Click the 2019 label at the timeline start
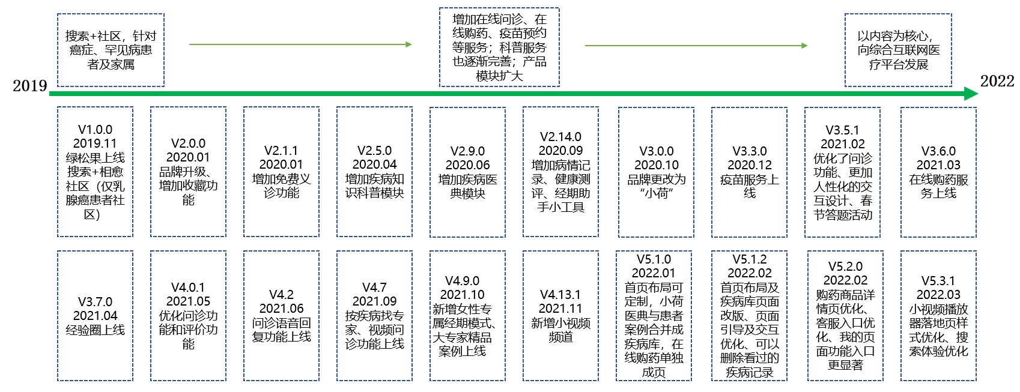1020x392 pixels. [x=30, y=86]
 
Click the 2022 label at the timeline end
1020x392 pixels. [x=997, y=81]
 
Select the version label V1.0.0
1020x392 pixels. [x=95, y=130]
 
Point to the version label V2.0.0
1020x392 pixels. [x=188, y=143]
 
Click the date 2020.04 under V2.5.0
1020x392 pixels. [x=374, y=164]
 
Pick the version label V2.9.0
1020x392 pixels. [x=467, y=151]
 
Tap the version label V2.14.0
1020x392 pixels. [x=560, y=137]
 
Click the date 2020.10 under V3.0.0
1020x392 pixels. [x=656, y=165]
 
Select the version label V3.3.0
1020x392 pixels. [x=749, y=151]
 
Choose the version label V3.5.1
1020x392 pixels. [x=842, y=130]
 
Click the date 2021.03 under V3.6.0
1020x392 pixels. [x=938, y=165]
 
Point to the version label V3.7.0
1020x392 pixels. [x=95, y=302]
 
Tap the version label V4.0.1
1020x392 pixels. [x=188, y=288]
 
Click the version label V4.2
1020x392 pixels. [x=281, y=295]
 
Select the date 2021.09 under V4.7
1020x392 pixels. [x=374, y=301]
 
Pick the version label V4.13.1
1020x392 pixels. [x=560, y=295]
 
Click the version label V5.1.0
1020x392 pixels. [x=654, y=259]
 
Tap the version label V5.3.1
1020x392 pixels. [x=938, y=281]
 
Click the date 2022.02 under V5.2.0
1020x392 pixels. [x=845, y=280]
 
